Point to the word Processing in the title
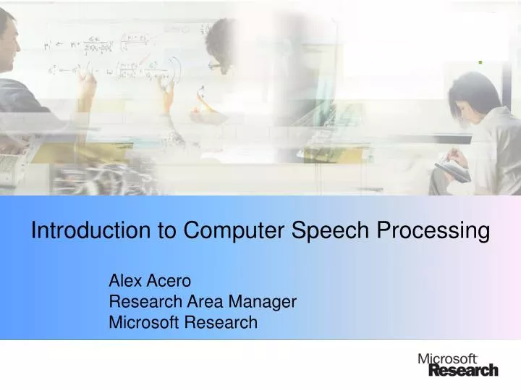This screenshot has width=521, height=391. (434, 231)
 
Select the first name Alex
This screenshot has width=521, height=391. (123, 281)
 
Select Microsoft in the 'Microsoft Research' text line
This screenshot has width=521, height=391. (145, 323)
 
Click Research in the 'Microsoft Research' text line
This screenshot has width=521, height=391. (221, 323)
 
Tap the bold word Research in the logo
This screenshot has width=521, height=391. (463, 370)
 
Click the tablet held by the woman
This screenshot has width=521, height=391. (452, 171)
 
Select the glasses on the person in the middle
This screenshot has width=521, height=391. (215, 64)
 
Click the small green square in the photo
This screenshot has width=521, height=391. (480, 63)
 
